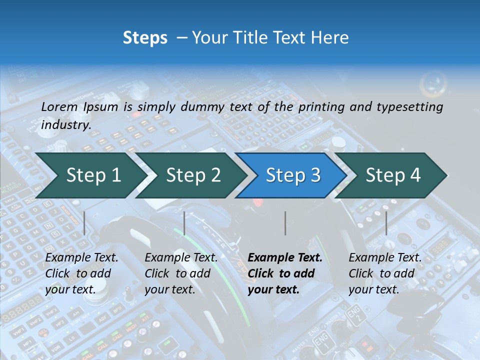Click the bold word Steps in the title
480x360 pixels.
tap(145, 38)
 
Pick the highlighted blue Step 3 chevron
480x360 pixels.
tap(293, 175)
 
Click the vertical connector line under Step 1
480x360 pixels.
tap(84, 223)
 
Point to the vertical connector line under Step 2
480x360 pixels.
tap(184, 223)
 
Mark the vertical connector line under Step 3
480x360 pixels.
tap(285, 223)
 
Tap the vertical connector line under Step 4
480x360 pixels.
tap(386, 223)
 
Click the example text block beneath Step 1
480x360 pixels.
tap(81, 273)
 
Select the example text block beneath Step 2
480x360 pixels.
tap(181, 273)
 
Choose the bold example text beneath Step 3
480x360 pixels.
tap(285, 273)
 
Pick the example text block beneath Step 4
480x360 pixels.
tap(385, 273)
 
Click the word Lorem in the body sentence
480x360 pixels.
tap(59, 106)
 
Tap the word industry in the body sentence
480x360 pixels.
tap(65, 124)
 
